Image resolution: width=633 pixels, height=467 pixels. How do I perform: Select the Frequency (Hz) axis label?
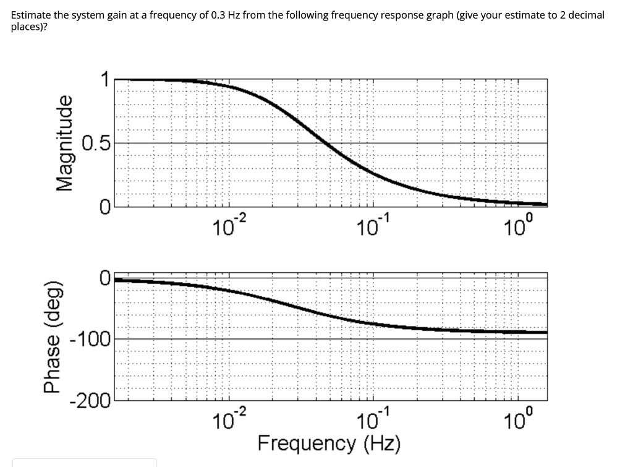click(x=329, y=443)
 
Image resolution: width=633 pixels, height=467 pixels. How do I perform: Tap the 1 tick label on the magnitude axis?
click(x=106, y=79)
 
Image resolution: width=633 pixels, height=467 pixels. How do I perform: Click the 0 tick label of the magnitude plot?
click(x=105, y=207)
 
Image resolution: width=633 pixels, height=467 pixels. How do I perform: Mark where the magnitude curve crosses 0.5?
click(x=328, y=143)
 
